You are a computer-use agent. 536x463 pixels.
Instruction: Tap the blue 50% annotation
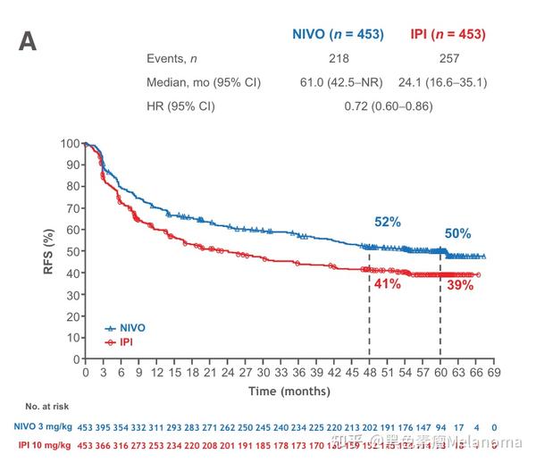458,233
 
